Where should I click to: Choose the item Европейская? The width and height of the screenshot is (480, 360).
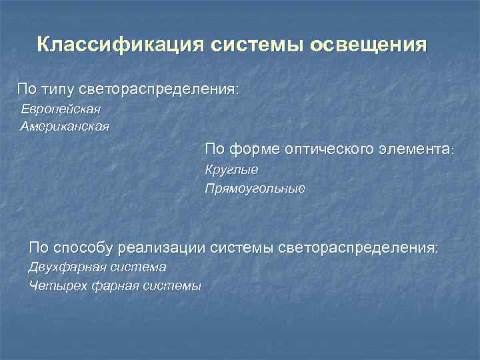pyautogui.click(x=61, y=109)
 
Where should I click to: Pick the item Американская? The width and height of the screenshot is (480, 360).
pyautogui.click(x=65, y=125)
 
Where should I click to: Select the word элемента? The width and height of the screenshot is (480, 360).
pyautogui.click(x=417, y=147)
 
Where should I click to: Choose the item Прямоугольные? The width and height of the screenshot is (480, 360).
pyautogui.click(x=255, y=189)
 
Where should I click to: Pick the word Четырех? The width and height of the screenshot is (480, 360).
pyautogui.click(x=53, y=286)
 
